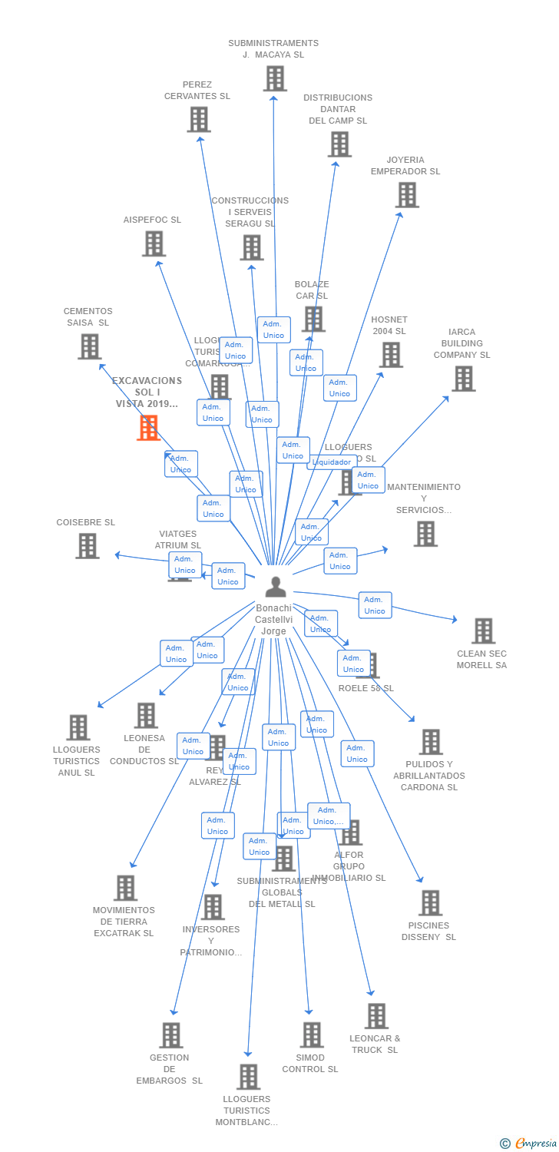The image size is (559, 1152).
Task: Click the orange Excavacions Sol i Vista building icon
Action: click(148, 428)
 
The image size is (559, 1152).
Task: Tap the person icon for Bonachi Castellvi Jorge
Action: click(275, 587)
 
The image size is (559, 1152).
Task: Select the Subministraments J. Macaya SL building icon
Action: click(275, 78)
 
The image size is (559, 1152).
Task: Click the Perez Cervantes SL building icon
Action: click(199, 119)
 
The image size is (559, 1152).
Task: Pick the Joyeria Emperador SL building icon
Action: click(407, 195)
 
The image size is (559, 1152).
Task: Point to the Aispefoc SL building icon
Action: click(154, 243)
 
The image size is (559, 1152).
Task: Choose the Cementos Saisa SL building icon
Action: click(90, 346)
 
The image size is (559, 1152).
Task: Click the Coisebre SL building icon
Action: click(88, 545)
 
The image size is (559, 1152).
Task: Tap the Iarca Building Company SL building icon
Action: click(463, 379)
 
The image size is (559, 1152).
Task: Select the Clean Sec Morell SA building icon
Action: click(483, 631)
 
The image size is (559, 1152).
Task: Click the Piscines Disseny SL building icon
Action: click(431, 902)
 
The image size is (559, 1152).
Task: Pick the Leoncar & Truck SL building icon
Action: click(376, 1015)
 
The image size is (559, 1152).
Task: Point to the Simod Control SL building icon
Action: click(312, 1034)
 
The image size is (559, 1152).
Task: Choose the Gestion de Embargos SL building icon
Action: click(171, 1034)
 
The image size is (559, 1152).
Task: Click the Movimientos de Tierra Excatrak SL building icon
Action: click(125, 888)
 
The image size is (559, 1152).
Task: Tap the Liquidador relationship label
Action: click(332, 462)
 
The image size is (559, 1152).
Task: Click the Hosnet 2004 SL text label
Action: click(389, 326)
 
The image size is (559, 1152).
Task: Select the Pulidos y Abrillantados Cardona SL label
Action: click(429, 776)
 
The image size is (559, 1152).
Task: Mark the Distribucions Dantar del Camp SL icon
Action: click(339, 144)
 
